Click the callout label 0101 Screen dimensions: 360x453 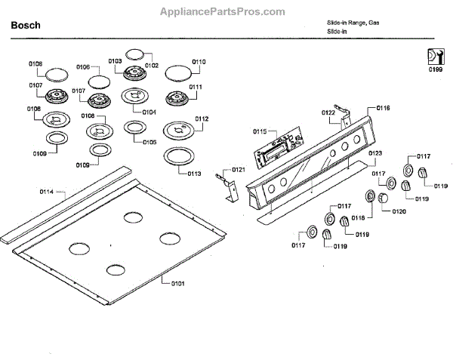(x=177, y=283)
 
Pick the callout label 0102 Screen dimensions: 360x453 (x=153, y=66)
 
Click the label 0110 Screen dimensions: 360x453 (x=199, y=62)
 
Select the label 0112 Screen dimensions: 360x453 (x=202, y=119)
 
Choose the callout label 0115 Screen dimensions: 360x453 (x=260, y=131)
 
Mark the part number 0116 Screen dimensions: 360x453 (x=383, y=109)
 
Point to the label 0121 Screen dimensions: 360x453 (x=239, y=169)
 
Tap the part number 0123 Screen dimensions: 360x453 (x=375, y=153)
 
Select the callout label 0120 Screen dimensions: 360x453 (x=399, y=211)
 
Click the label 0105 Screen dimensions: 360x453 (x=149, y=142)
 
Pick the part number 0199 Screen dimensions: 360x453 (x=436, y=69)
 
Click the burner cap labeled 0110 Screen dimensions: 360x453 (x=177, y=73)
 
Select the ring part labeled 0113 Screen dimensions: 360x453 (x=177, y=157)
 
